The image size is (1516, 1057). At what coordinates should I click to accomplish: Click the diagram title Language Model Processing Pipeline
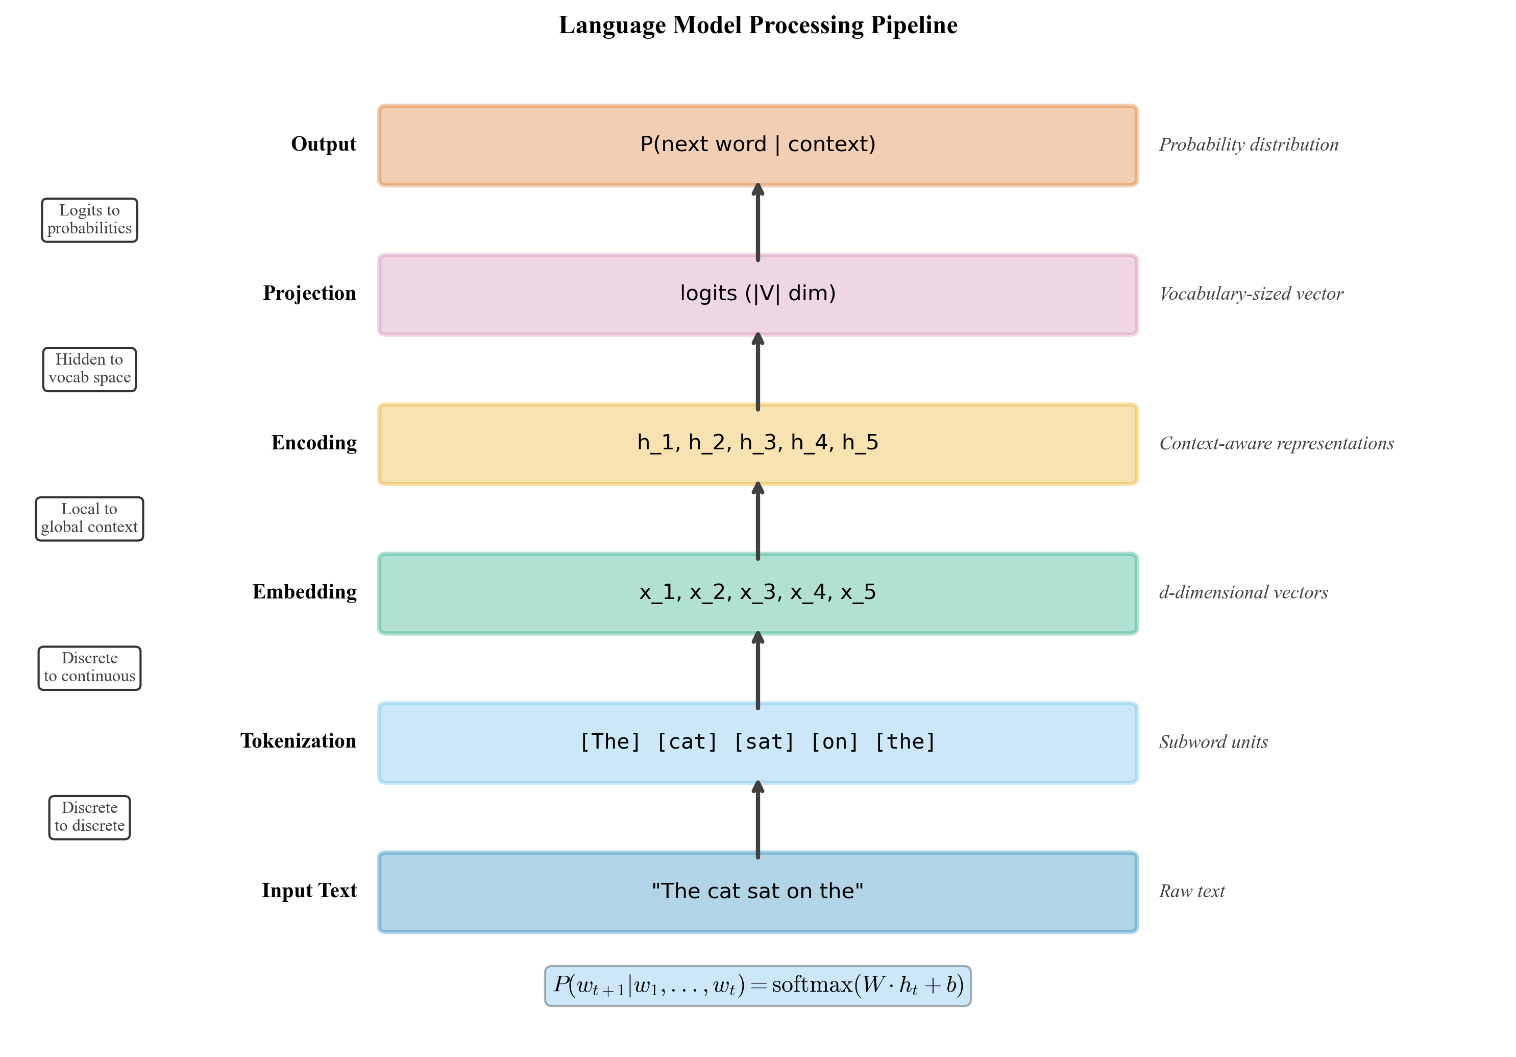coord(757,25)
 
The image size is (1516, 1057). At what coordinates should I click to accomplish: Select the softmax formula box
coord(757,986)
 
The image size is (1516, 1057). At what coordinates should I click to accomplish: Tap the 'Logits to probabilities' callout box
coord(89,220)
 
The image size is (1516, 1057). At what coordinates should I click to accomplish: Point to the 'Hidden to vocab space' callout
coord(89,369)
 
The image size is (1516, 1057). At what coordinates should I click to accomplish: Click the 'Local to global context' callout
coord(89,519)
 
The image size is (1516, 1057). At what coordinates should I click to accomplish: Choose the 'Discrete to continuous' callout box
coord(89,668)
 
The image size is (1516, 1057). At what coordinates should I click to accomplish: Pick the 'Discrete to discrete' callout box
coord(89,817)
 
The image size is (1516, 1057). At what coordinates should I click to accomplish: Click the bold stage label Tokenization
coord(299,741)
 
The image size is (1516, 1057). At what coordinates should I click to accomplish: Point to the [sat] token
coord(764,742)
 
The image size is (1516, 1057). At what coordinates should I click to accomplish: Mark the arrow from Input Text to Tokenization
coord(757,819)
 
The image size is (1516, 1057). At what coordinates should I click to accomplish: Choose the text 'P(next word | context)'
coord(757,144)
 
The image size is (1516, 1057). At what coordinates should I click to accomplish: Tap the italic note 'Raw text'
coord(1191,891)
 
